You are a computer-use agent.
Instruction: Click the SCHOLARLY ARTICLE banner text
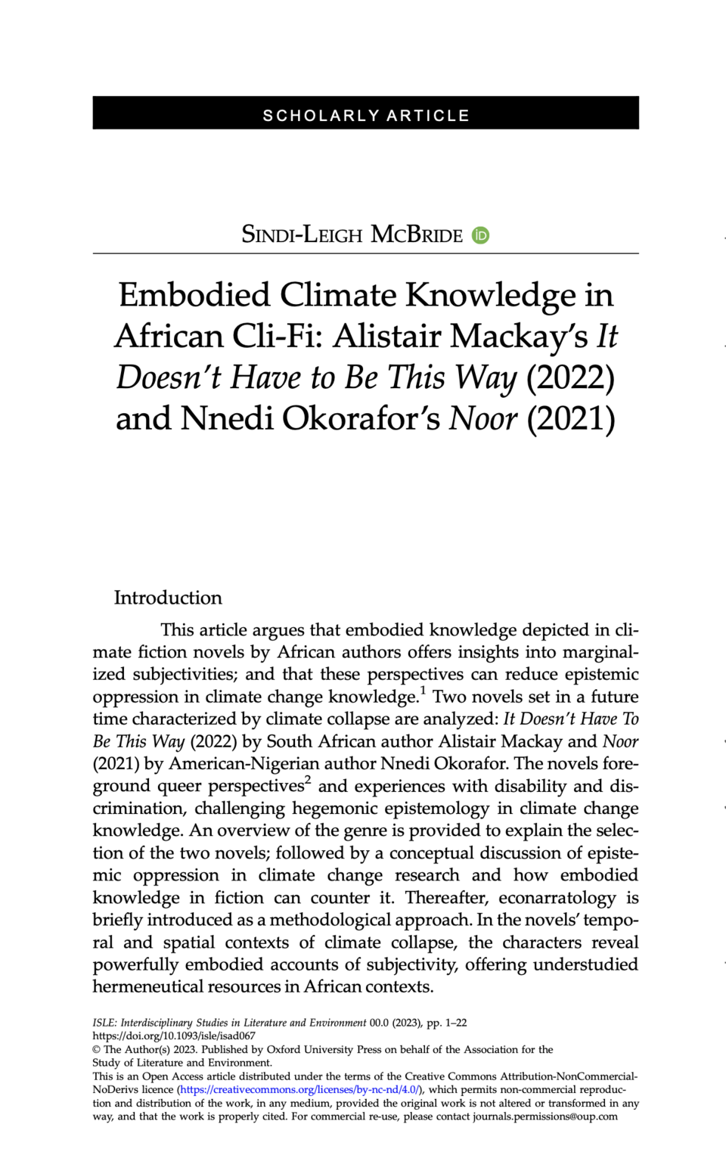point(366,116)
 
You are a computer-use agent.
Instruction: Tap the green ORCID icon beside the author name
point(480,235)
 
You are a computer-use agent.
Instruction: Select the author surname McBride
point(417,234)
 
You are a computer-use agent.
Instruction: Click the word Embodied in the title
point(194,295)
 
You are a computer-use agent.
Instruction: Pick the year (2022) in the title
point(570,377)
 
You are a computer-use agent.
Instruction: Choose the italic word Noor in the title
point(483,418)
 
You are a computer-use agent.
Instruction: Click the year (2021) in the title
point(570,418)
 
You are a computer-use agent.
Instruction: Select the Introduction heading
point(168,598)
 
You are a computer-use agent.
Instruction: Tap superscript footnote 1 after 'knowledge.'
point(423,690)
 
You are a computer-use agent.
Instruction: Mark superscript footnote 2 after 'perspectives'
point(308,779)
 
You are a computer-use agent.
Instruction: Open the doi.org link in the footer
point(174,1036)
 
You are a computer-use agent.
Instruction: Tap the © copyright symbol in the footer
point(97,1049)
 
